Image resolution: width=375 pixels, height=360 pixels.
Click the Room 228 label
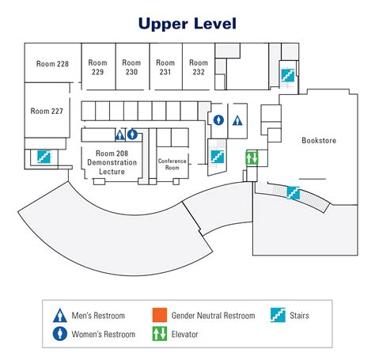coord(52,64)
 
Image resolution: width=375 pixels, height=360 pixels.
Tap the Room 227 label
coord(47,111)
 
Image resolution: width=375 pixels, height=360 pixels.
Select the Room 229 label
coord(97,67)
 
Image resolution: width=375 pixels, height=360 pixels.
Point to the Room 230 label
coord(131,67)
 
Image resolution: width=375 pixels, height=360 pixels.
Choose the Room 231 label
coord(165,67)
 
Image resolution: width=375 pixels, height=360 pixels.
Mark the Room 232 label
coord(199,67)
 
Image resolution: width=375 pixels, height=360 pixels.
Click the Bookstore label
coord(319,140)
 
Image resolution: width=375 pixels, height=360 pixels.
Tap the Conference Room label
coord(172,164)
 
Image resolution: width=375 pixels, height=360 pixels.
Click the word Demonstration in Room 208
coord(112,162)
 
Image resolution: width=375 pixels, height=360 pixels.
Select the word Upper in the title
coord(163,24)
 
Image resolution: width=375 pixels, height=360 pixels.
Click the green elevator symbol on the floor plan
coord(252,158)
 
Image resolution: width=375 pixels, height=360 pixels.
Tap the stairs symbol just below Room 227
coord(44,157)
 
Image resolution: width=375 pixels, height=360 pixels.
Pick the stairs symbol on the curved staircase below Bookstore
coord(294,193)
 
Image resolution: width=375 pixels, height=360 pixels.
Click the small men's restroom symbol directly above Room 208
coord(120,135)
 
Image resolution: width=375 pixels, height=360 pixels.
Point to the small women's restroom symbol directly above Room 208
coord(132,135)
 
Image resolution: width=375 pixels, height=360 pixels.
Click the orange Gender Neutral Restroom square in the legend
coord(160,315)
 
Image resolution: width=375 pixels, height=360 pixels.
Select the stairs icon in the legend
coord(278,315)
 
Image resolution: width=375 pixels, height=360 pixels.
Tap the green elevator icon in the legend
coord(160,334)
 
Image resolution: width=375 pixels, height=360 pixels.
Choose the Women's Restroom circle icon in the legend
coord(60,334)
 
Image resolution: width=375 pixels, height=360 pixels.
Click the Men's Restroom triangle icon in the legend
coord(60,316)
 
